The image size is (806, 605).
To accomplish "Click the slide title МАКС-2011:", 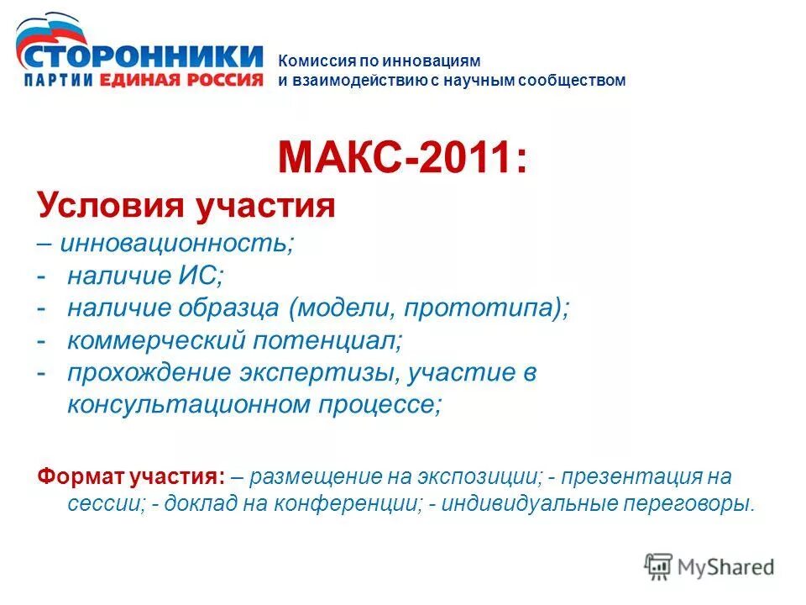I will tap(403, 156).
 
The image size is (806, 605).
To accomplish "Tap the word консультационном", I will tap(188, 405).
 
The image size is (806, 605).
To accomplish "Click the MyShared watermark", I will tap(709, 566).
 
